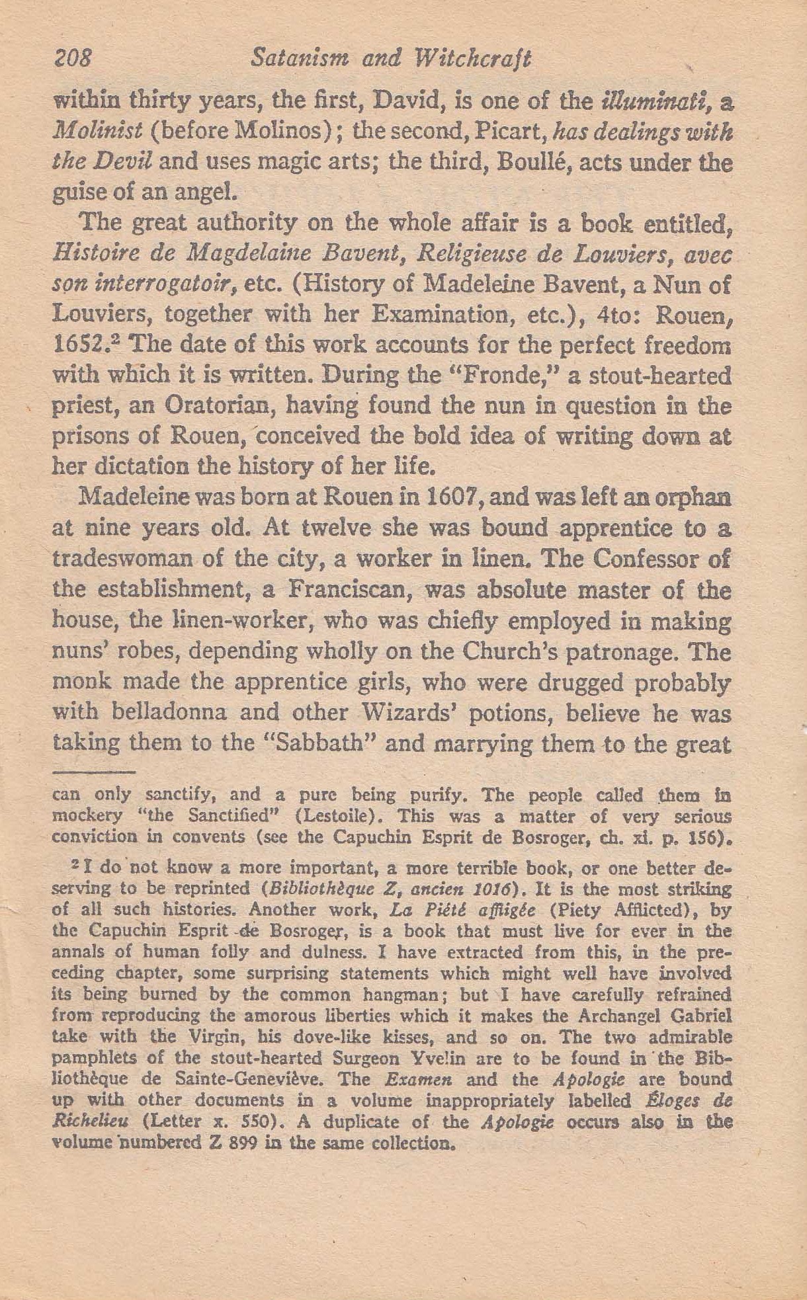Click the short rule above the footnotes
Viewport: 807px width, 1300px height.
pyautogui.click(x=93, y=771)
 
